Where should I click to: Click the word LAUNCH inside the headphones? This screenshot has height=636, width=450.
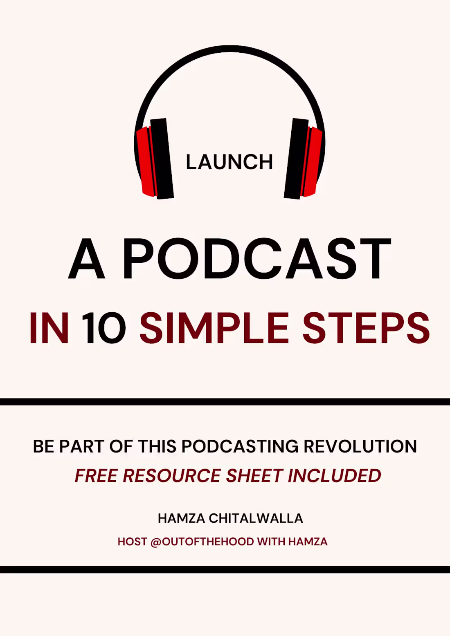click(229, 162)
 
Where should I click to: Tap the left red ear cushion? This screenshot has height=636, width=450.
click(144, 161)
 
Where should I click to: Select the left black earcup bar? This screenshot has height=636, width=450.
click(162, 159)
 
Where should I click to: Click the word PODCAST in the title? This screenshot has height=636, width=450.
click(257, 259)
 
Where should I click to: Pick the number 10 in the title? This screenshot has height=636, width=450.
click(103, 328)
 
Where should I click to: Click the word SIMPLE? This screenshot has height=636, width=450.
click(214, 328)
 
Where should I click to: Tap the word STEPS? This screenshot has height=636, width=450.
click(366, 328)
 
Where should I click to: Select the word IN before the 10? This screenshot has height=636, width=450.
click(49, 328)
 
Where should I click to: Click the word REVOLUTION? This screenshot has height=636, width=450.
click(360, 446)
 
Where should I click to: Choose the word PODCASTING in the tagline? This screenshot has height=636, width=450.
click(240, 446)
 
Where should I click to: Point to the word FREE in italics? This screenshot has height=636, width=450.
click(97, 476)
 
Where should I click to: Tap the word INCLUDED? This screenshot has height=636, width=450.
click(334, 476)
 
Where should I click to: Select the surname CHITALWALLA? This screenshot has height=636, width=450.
click(256, 518)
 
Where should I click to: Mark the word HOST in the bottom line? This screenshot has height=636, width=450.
click(132, 542)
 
